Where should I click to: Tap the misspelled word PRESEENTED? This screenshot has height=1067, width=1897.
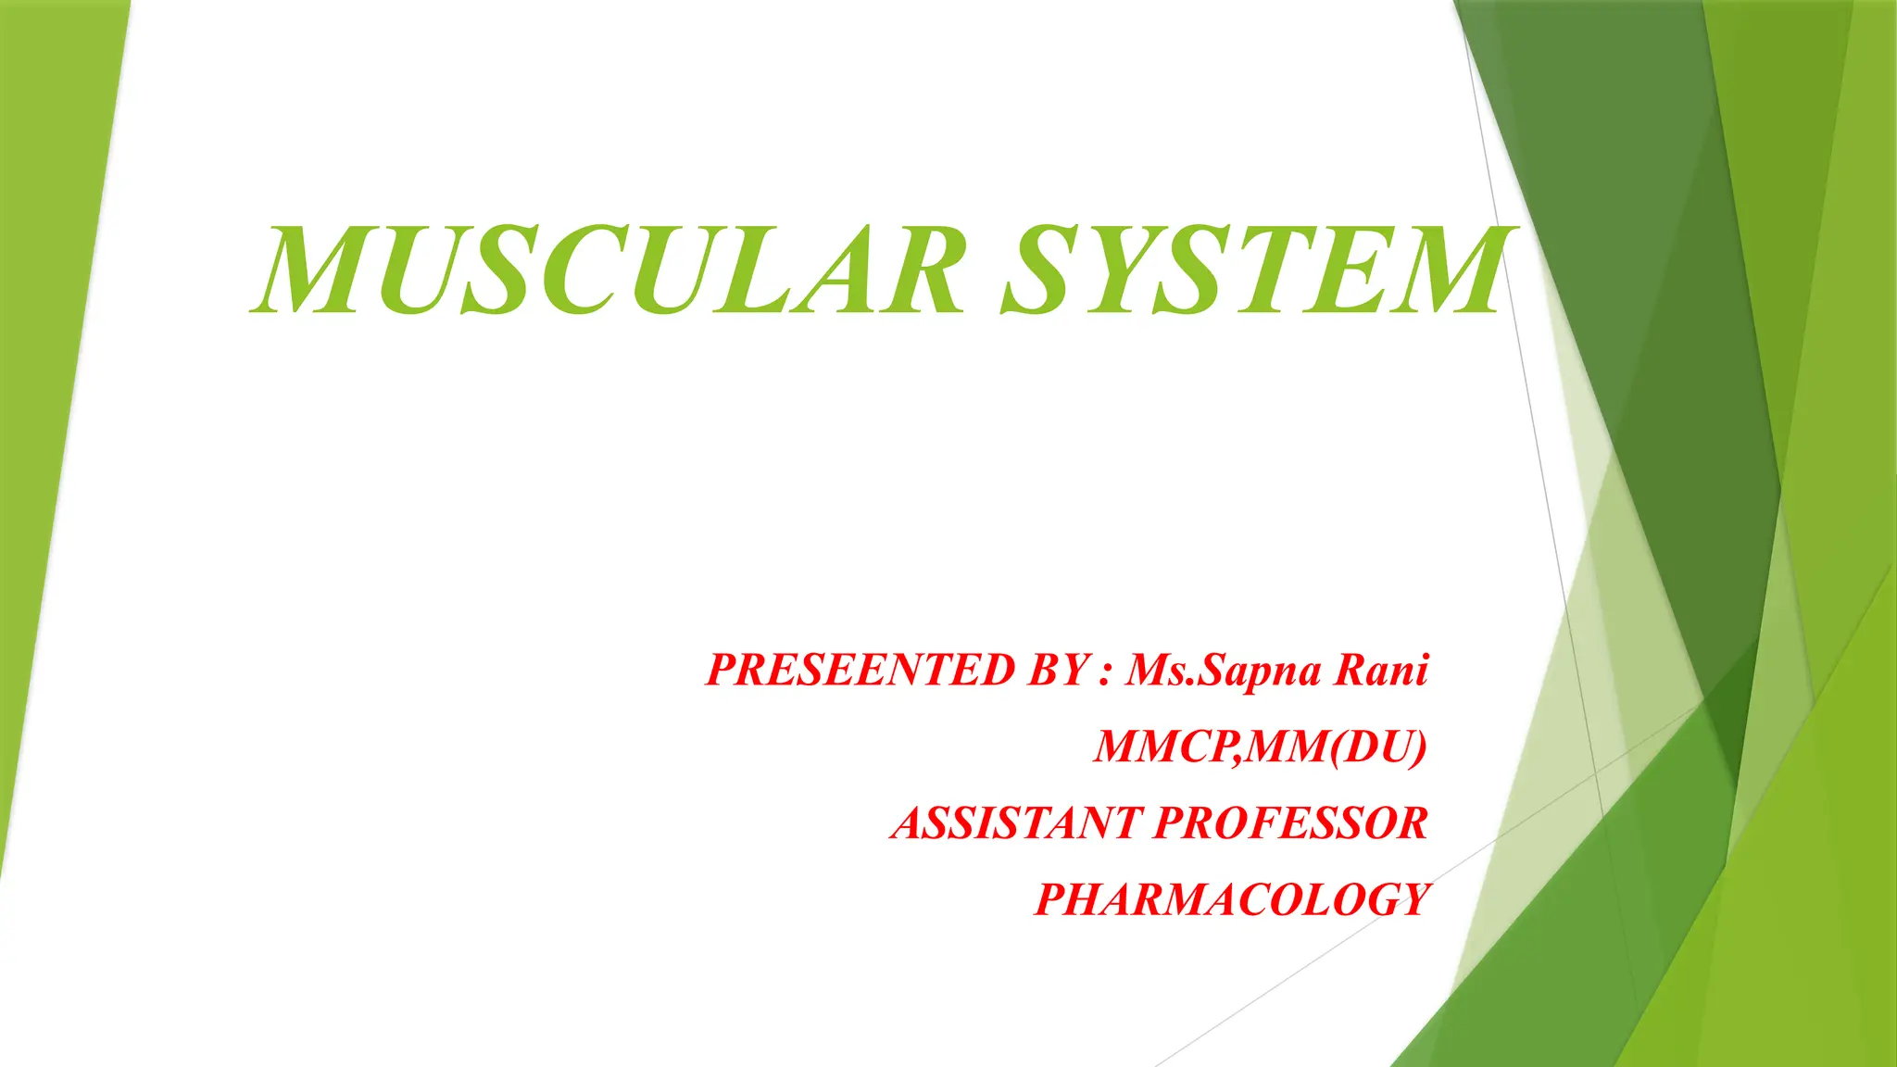[x=861, y=670]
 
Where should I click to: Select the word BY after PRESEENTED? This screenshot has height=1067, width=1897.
[x=1058, y=670]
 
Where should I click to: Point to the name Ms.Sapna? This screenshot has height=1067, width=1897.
[x=1223, y=670]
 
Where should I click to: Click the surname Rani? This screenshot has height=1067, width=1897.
[x=1381, y=670]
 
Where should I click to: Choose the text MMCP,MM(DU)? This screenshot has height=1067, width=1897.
[x=1260, y=747]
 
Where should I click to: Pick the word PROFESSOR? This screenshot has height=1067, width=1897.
[x=1291, y=822]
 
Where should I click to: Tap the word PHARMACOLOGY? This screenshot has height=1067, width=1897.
[x=1232, y=899]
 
